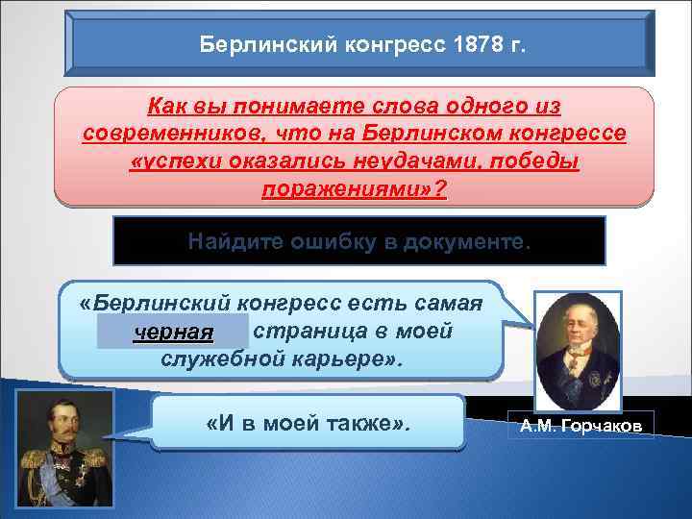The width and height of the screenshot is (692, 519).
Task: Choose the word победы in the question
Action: (533, 160)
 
